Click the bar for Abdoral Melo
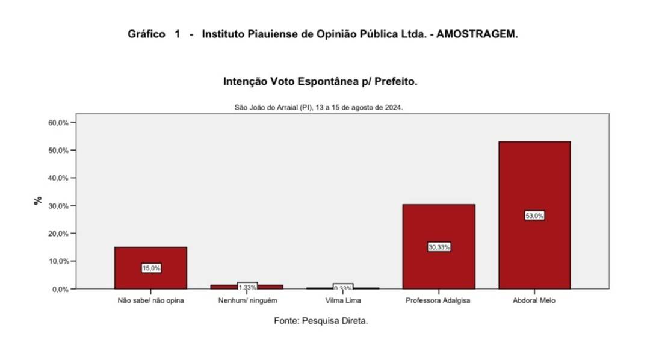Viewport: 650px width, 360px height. [x=535, y=181]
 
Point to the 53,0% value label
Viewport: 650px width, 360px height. [x=534, y=216]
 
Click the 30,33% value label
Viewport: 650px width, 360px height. [x=439, y=247]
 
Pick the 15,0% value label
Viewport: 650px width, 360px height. [x=151, y=268]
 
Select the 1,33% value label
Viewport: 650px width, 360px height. [x=247, y=287]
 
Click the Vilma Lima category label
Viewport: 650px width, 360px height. [x=343, y=300]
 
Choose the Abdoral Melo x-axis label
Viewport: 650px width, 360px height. [x=535, y=300]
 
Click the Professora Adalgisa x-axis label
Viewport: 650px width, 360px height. [x=438, y=300]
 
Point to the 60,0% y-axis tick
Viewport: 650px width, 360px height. [x=58, y=123]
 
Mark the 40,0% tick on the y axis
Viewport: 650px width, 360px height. [x=58, y=178]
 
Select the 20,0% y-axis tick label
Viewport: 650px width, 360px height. [x=58, y=234]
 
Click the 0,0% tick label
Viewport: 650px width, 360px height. [x=60, y=289]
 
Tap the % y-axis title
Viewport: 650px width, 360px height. [x=38, y=201]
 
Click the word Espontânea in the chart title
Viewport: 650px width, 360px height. [x=321, y=81]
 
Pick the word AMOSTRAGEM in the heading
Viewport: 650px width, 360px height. [x=477, y=34]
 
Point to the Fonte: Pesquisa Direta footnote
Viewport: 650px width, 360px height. [x=321, y=321]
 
